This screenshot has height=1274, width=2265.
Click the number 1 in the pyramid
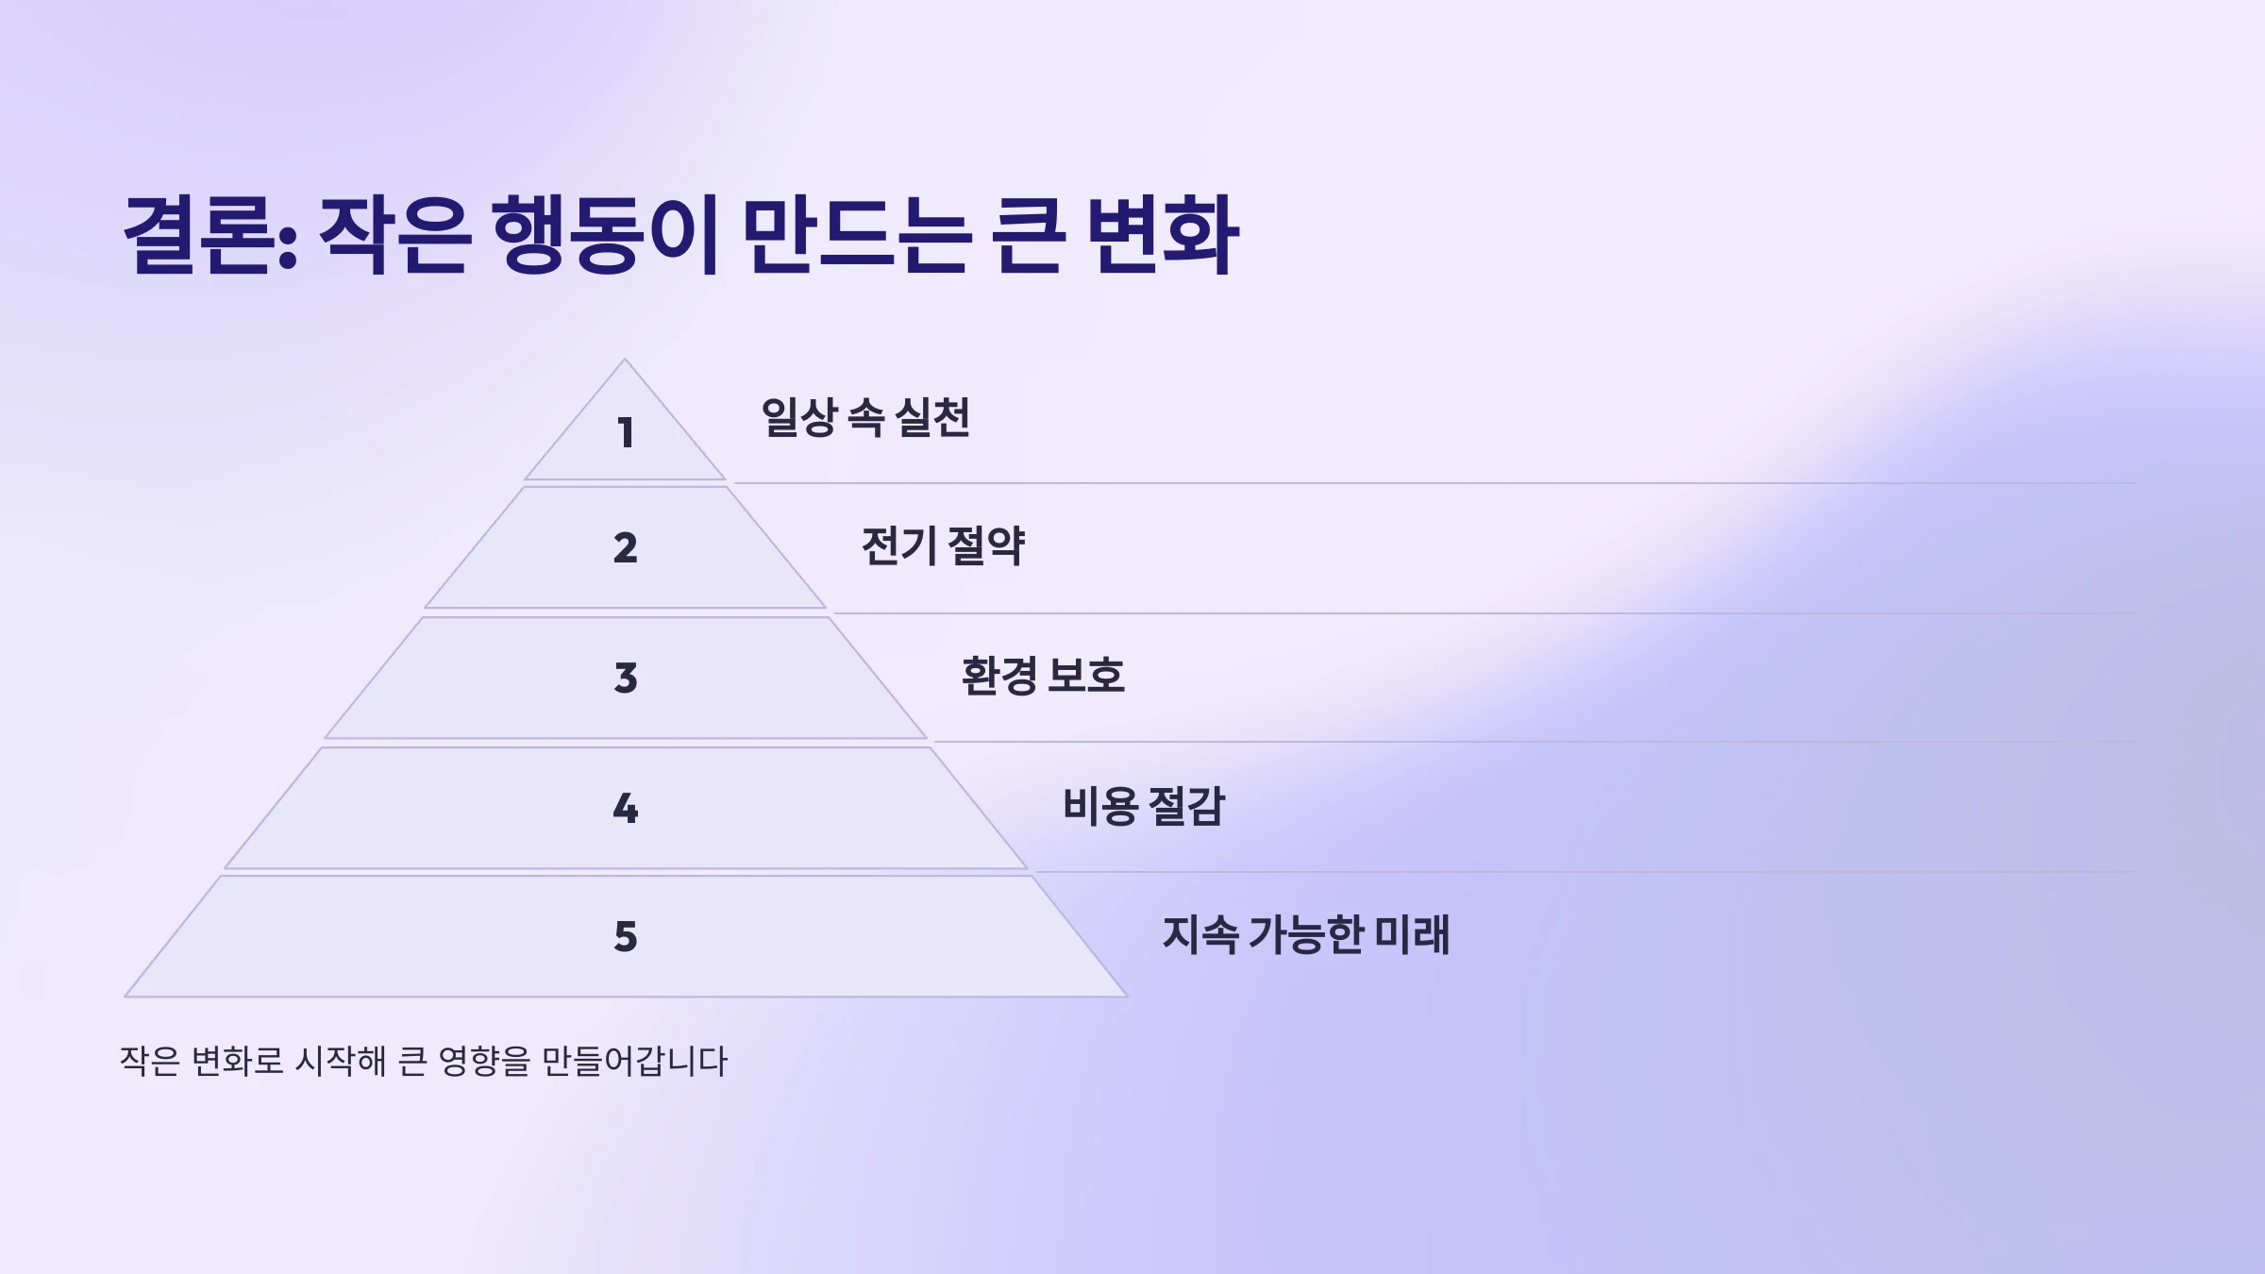625,433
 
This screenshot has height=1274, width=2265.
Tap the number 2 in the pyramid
625,548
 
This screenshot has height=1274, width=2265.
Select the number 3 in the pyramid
625,678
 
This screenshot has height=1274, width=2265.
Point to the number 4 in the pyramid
625,808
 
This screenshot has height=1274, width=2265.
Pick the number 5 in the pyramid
625,936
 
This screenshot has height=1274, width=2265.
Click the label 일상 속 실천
865,417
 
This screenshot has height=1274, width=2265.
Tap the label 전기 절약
942,545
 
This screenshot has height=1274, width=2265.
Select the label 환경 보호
1043,676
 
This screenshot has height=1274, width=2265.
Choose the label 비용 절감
1143,806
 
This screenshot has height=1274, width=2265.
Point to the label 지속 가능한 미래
1305,934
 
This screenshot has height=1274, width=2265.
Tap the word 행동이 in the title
605,236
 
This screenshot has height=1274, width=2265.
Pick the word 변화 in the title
1162,236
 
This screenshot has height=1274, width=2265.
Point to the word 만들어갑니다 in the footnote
634,1061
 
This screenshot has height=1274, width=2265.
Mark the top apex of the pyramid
624,360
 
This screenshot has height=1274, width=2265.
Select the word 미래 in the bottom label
1412,934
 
